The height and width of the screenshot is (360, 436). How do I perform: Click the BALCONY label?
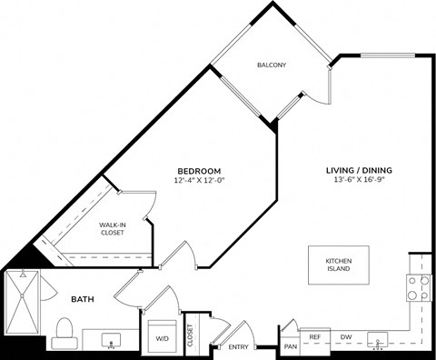(272, 65)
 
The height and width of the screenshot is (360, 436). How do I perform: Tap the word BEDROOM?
(198, 171)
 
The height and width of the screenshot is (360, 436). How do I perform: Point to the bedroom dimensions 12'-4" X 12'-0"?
(198, 180)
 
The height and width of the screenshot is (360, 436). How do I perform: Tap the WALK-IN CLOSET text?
(113, 227)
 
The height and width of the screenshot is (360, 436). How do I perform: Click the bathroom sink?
(112, 342)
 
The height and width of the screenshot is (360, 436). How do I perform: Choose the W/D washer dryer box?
(163, 335)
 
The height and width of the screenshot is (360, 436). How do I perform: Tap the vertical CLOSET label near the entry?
(191, 336)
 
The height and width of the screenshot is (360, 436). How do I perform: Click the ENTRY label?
(238, 346)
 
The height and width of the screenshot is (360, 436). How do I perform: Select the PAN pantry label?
(291, 346)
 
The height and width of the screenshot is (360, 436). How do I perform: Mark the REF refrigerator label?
(315, 337)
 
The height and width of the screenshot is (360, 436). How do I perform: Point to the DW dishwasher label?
(345, 337)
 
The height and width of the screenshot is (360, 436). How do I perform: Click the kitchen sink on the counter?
(377, 342)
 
